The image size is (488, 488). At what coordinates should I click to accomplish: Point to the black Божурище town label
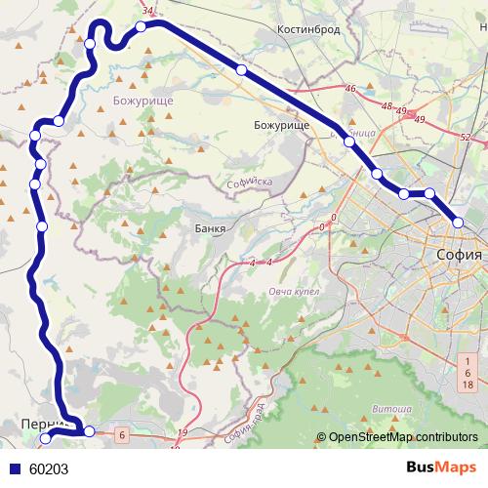(x=281, y=126)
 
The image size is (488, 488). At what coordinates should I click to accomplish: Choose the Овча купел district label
(x=295, y=292)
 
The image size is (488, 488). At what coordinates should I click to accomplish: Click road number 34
(x=147, y=11)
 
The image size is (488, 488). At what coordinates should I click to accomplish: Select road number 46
(x=350, y=90)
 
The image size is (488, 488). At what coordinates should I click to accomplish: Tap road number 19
(x=183, y=431)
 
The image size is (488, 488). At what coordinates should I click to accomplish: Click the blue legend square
(x=14, y=468)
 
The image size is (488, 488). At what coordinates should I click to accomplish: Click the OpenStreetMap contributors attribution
(x=402, y=438)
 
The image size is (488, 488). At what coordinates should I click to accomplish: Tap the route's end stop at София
(x=458, y=224)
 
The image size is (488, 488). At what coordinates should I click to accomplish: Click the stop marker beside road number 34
(x=142, y=26)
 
